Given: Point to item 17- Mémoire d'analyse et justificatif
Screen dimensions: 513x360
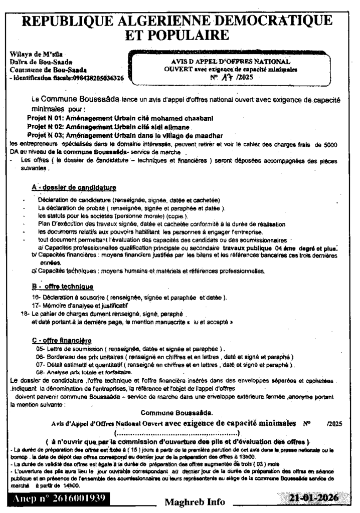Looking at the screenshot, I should tap(80, 305).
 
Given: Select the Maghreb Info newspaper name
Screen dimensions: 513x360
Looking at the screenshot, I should tap(194, 501).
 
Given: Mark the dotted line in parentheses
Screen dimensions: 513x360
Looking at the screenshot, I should tap(177, 432).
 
